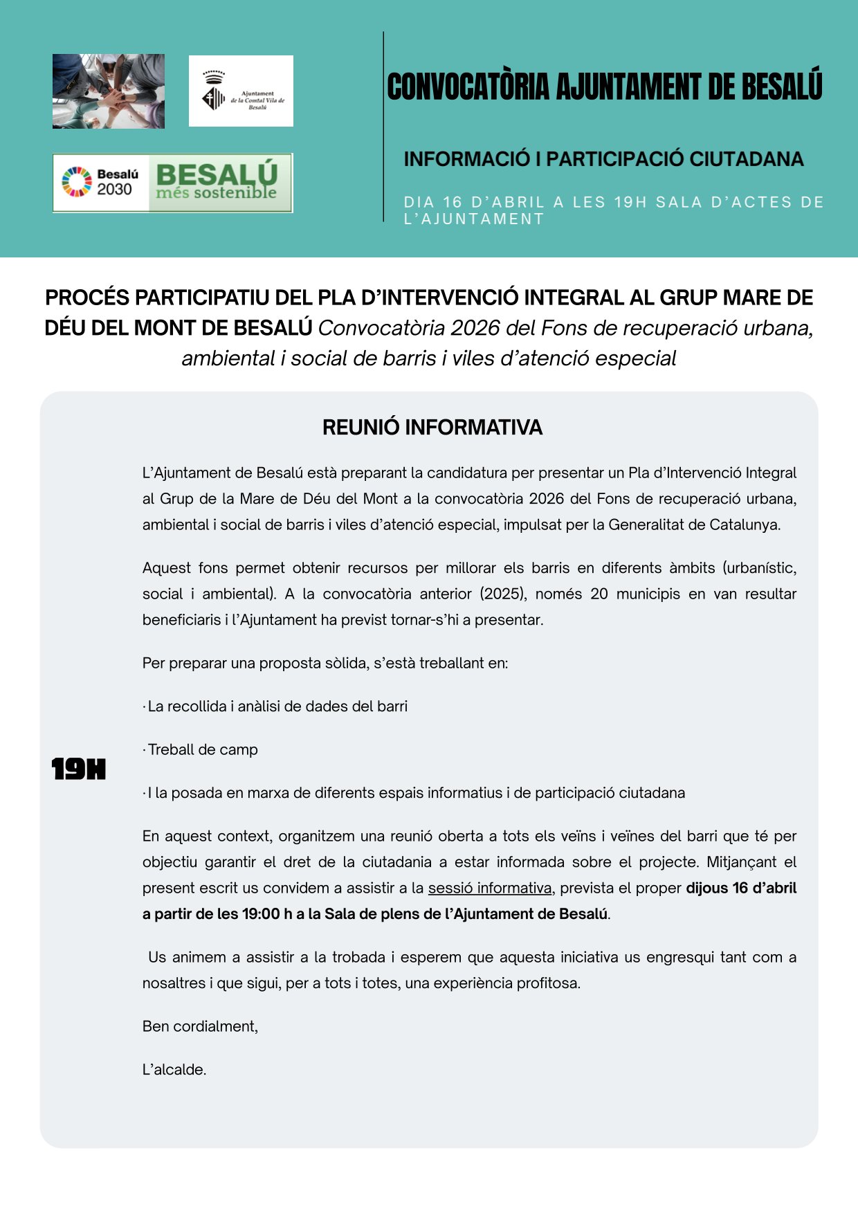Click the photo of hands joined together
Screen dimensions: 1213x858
tap(109, 91)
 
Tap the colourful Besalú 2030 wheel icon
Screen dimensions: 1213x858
tap(76, 182)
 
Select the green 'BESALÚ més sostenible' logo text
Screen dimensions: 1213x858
tap(217, 182)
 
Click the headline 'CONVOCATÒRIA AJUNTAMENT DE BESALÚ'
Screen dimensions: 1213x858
tap(604, 87)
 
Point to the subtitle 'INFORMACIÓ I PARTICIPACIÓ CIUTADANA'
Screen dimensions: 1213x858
tap(603, 159)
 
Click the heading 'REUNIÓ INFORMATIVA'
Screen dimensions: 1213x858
tap(432, 428)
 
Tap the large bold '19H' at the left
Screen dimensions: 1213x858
tap(79, 769)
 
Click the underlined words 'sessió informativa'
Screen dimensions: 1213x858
tap(490, 888)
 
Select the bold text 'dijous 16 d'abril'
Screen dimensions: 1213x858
tap(740, 888)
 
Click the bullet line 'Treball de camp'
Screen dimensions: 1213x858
tap(202, 749)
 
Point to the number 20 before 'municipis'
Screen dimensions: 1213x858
tap(599, 594)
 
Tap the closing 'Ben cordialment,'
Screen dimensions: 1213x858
tap(200, 1026)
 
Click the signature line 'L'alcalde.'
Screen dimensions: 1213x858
tap(174, 1070)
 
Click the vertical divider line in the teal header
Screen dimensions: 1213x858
tap(383, 127)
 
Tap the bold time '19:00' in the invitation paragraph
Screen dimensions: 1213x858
tap(261, 914)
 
